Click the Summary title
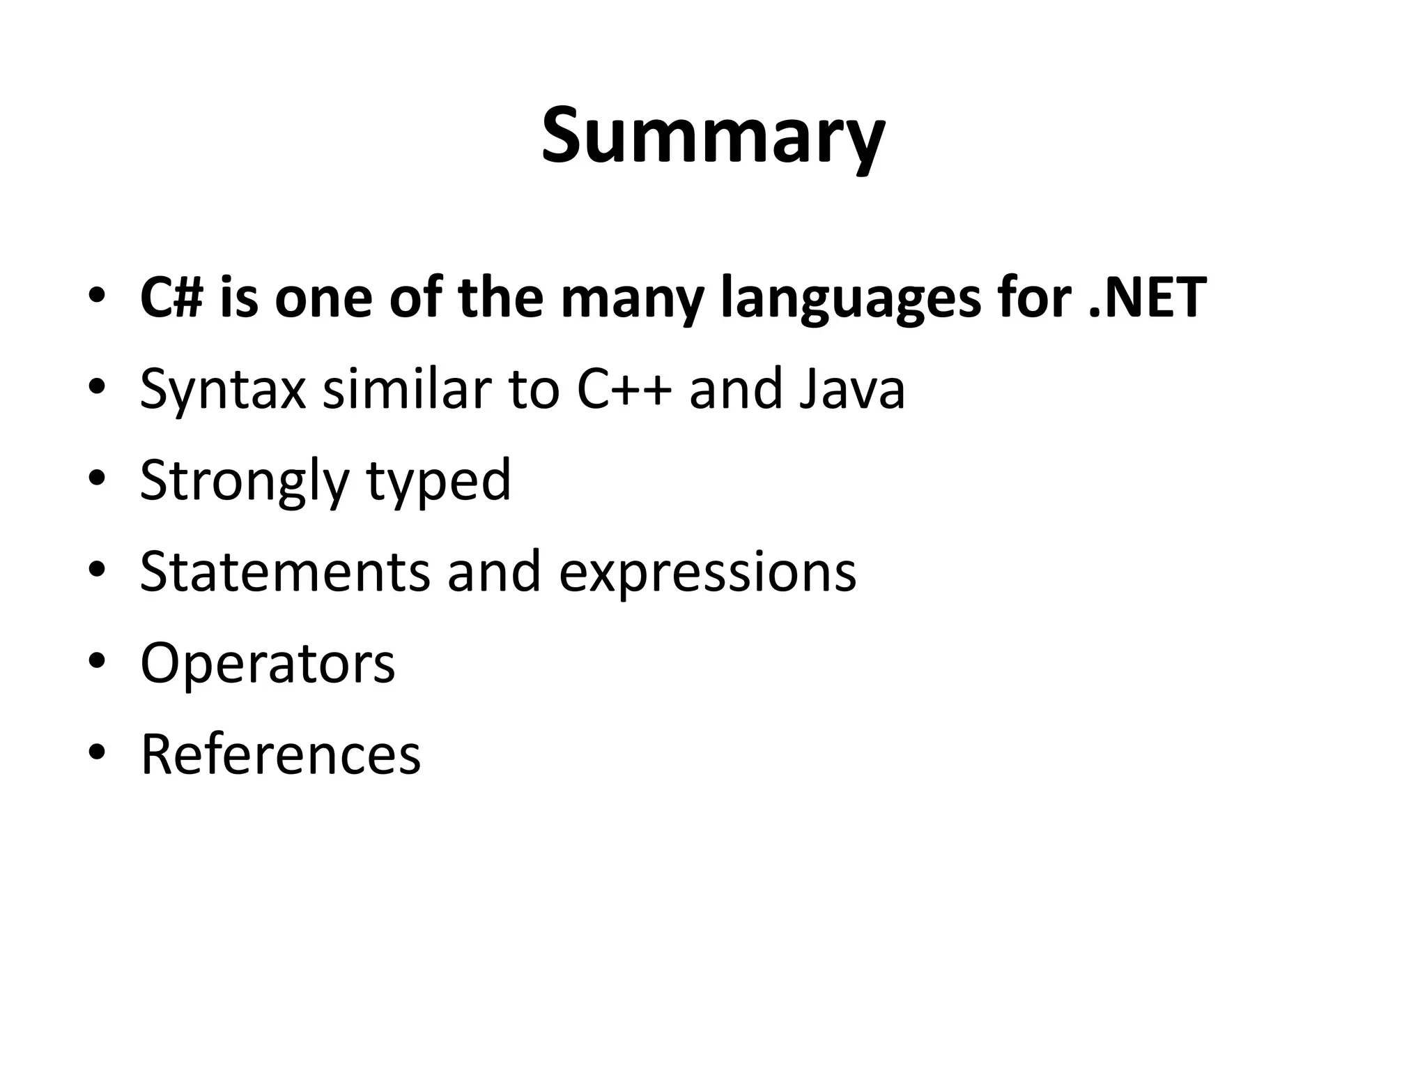[713, 136]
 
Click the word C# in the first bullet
[170, 298]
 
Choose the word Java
[851, 389]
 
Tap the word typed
[439, 481]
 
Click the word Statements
[285, 572]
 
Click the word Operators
[268, 663]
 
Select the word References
[281, 754]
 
